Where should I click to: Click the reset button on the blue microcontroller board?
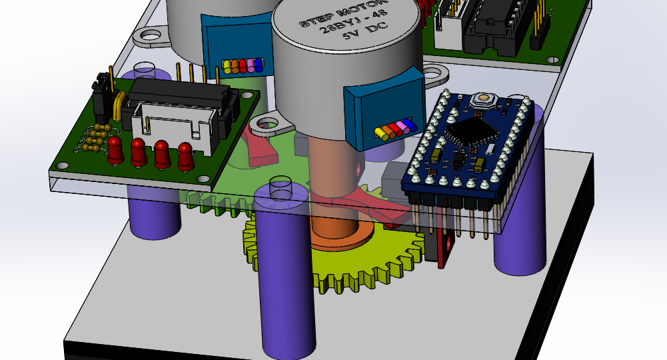tap(484, 98)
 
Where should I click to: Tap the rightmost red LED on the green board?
tap(185, 156)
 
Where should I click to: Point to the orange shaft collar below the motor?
tap(342, 232)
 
